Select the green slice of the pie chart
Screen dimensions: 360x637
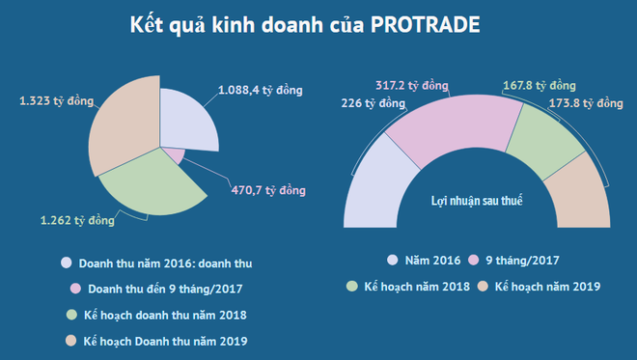(x=150, y=185)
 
